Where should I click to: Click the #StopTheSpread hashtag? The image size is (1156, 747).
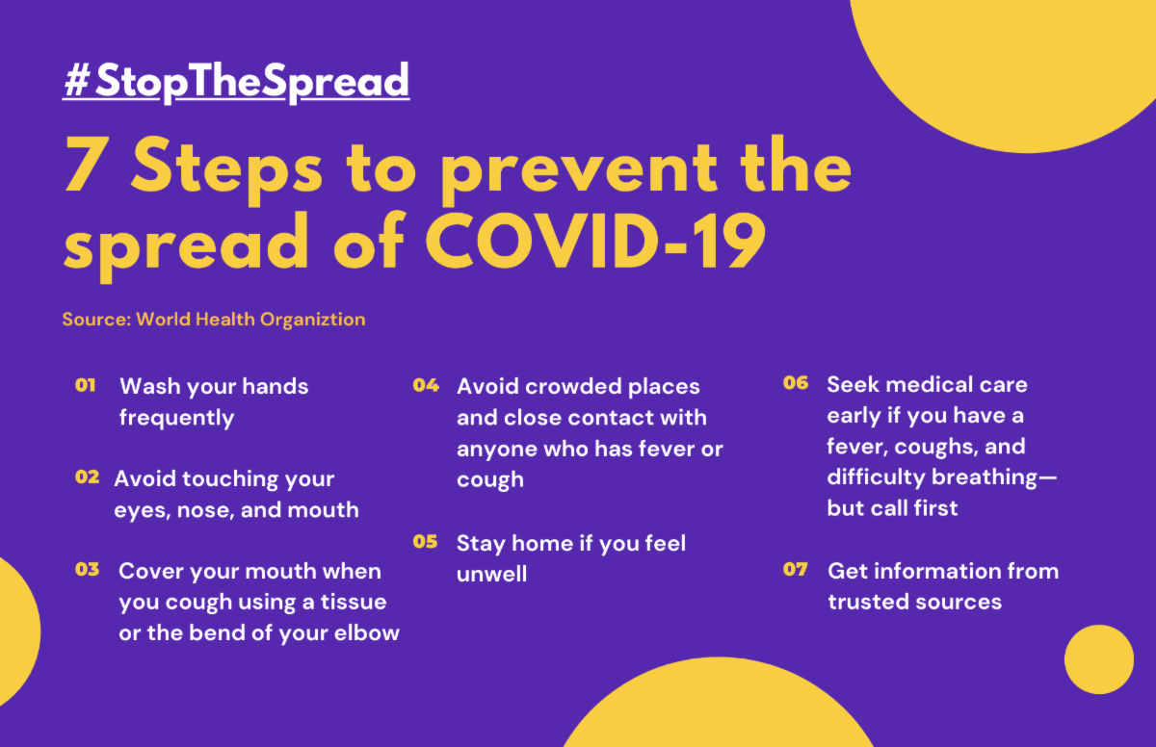tap(236, 82)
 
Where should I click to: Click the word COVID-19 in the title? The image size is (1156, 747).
tap(595, 243)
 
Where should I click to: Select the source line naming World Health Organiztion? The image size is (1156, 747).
tap(214, 320)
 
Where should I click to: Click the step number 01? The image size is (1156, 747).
tap(85, 385)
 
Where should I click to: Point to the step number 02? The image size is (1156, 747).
tap(88, 477)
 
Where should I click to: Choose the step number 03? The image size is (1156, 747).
tap(88, 569)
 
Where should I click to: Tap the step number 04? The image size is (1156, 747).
tap(426, 385)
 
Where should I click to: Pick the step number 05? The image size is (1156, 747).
tap(425, 541)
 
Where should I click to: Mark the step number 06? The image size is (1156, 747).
tap(796, 382)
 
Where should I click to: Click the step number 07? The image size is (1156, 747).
tap(796, 569)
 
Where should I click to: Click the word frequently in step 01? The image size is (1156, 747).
tap(176, 418)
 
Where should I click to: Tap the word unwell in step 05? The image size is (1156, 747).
tap(492, 575)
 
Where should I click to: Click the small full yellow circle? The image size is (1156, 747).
tap(1099, 659)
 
